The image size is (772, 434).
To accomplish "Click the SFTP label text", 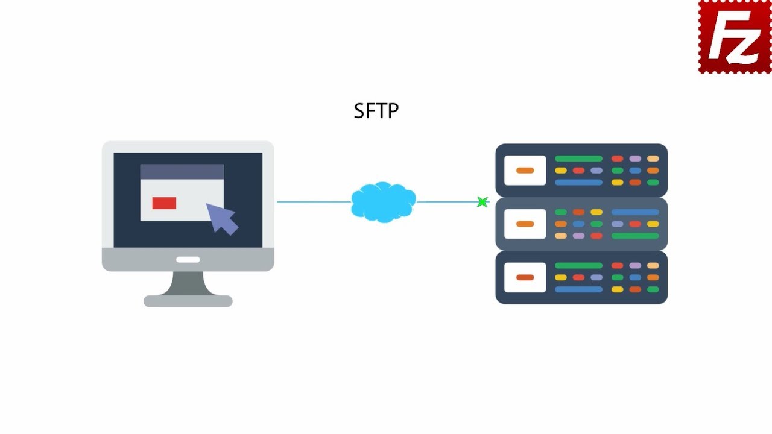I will (x=376, y=111).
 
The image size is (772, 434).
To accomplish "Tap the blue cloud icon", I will (x=383, y=202).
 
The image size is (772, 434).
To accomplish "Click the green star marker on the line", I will (x=482, y=202).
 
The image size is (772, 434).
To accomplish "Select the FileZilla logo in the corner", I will (x=735, y=37).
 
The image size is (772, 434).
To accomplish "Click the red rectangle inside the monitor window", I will (x=164, y=203).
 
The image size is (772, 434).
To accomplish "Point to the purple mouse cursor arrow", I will (x=222, y=218).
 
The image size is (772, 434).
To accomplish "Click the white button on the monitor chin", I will (x=188, y=260).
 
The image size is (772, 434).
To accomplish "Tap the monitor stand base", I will (x=188, y=301).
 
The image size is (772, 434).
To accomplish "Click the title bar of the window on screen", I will (x=182, y=172).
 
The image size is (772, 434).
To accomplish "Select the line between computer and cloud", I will (x=314, y=202).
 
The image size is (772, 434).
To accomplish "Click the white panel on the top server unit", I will (x=525, y=171).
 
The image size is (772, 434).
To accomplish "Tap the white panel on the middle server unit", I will (x=525, y=224).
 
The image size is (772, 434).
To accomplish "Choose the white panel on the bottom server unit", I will (x=525, y=277).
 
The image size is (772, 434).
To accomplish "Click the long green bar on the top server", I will (x=578, y=159).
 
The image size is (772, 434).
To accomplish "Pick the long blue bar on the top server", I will (x=578, y=182).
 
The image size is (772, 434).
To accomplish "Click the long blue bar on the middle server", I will (x=634, y=212).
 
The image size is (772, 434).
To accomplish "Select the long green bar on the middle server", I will (x=634, y=236).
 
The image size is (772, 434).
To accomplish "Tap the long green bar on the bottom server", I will (x=578, y=265).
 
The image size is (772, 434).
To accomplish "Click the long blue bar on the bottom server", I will (x=578, y=289).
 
